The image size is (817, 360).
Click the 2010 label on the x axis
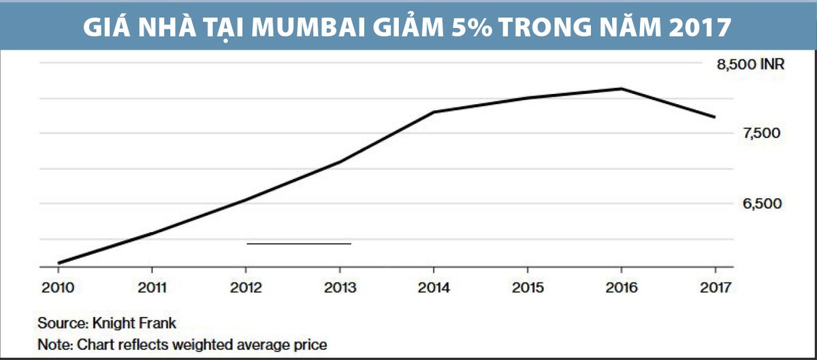[x=58, y=288]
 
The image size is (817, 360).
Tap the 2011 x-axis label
[x=152, y=288]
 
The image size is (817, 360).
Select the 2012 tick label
[x=246, y=288]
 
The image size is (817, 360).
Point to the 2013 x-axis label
[x=340, y=288]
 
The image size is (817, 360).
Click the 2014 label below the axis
[x=434, y=288]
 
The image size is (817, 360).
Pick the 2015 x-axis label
[x=528, y=288]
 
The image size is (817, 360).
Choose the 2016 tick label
[x=622, y=288]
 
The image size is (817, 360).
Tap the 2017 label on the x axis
[x=716, y=288]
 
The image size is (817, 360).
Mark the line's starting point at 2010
[x=59, y=263]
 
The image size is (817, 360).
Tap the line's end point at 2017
[x=715, y=117]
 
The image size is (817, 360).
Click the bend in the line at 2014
[x=434, y=112]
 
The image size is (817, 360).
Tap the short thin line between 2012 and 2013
[x=298, y=243]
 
